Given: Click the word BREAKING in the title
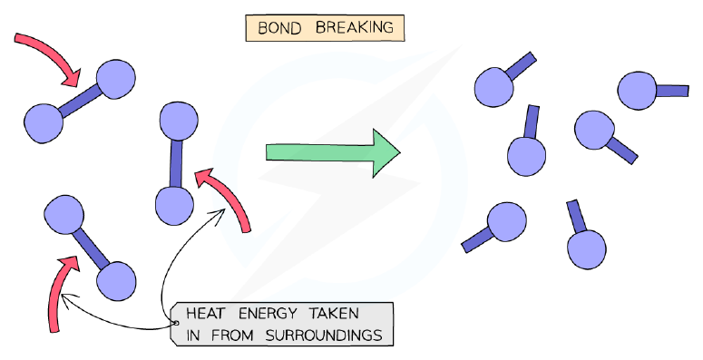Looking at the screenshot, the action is click(x=354, y=27).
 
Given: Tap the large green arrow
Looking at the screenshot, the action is click(x=333, y=153).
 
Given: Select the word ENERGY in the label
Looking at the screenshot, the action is click(x=268, y=313).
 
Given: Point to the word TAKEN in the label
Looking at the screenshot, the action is click(x=334, y=313).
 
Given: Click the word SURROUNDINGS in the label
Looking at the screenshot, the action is click(x=324, y=336).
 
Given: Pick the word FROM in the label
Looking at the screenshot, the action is click(x=231, y=336).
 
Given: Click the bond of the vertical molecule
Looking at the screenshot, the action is click(x=176, y=163).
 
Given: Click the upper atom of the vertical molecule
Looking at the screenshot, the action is click(x=179, y=121).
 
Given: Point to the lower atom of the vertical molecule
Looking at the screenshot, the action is click(x=174, y=206).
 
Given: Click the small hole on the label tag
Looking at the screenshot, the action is click(x=176, y=323).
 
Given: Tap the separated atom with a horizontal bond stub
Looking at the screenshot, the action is click(x=637, y=90).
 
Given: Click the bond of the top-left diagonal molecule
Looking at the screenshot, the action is click(x=81, y=101).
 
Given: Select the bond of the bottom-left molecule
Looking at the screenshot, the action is click(x=91, y=248).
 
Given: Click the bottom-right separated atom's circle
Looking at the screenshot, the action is click(x=587, y=249).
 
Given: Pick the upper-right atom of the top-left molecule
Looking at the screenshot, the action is click(x=116, y=79).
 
